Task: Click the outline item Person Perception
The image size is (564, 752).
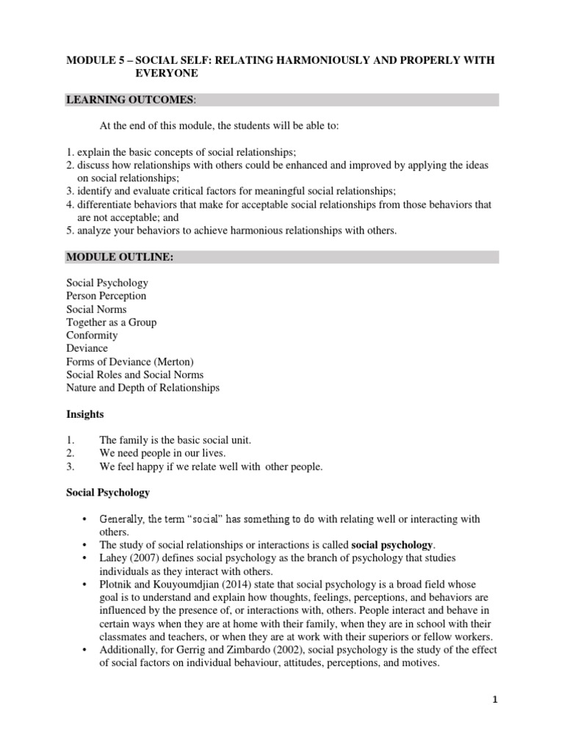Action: click(106, 296)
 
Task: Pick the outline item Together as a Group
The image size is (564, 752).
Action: click(112, 322)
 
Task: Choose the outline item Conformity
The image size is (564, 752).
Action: click(92, 336)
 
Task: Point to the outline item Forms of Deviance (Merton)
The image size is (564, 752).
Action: click(129, 361)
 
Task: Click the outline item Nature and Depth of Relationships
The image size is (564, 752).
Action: click(143, 388)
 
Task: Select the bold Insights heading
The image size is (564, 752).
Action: click(85, 414)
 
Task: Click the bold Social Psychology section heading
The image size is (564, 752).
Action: click(108, 492)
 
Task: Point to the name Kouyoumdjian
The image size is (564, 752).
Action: click(185, 585)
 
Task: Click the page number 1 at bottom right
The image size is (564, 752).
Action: click(495, 701)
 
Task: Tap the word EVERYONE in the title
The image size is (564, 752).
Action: click(166, 73)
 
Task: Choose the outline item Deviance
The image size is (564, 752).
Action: click(87, 348)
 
